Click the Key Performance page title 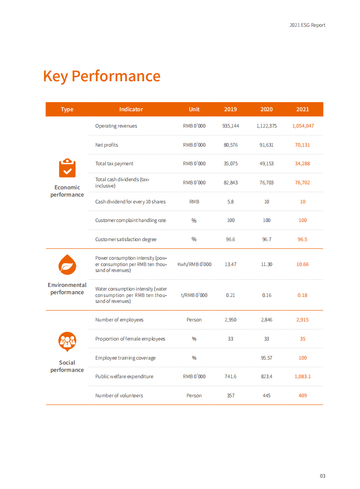point(102,76)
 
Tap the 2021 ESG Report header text point(307,25)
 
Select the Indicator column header point(131,109)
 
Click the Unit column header point(194,109)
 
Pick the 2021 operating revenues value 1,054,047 point(303,126)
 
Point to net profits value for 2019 point(231,145)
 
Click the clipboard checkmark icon point(67,168)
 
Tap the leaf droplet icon point(67,264)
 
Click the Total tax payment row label point(114,163)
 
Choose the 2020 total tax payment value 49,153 point(266,163)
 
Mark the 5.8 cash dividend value point(231,202)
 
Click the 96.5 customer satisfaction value point(302,239)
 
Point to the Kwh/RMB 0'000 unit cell point(194,264)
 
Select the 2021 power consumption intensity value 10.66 point(302,264)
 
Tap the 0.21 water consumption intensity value point(231,295)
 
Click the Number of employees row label point(119,320)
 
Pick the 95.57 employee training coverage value point(266,358)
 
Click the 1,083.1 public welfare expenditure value point(302,376)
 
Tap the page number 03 point(322,476)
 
